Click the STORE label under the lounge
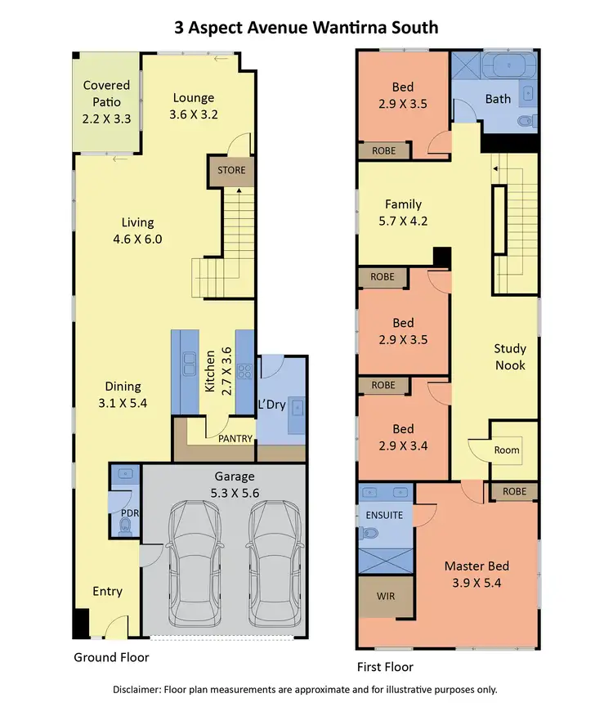pos(231,171)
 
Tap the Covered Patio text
pos(106,102)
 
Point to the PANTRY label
pos(235,439)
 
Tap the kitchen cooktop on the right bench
pos(244,372)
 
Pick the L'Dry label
pos(271,405)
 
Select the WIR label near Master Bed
pos(386,596)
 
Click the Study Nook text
pos(509,357)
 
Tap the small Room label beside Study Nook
pos(506,450)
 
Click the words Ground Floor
pos(111,657)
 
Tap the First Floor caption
pos(385,667)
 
